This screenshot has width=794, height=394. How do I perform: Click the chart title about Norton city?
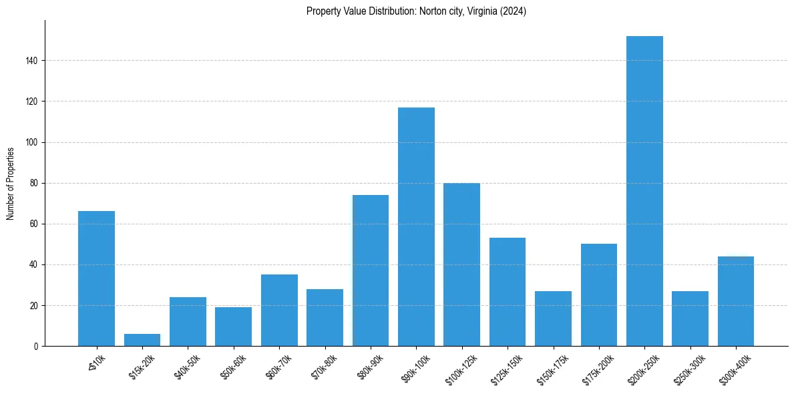416,11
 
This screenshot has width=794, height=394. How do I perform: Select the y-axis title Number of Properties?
11,183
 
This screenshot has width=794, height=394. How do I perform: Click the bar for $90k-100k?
416,227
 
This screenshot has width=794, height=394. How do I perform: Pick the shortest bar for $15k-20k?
142,340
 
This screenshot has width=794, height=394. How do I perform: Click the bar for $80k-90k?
371,270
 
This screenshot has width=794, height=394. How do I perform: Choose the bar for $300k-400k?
735,301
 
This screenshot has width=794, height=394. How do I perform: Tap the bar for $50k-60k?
233,327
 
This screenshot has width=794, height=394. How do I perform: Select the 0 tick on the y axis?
37,346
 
